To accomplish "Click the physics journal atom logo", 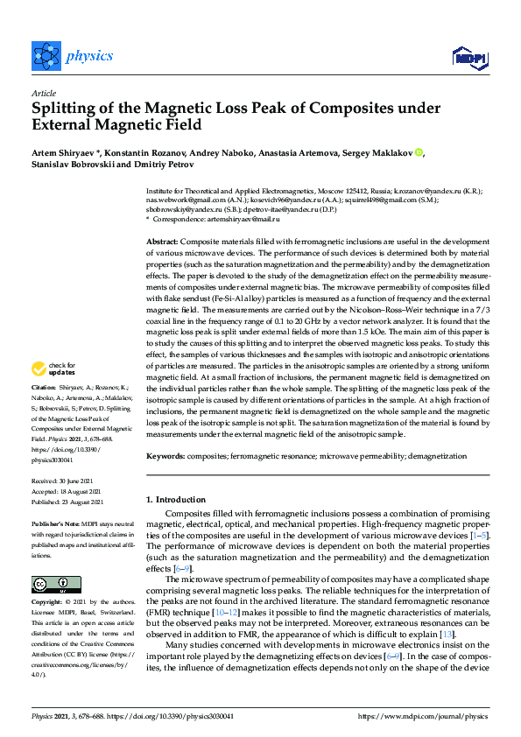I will click(44, 56).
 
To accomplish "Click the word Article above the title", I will click(44, 93).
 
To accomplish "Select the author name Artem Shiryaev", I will click(63, 152).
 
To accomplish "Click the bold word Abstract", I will click(162, 240).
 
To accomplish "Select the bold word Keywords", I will click(165, 456).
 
